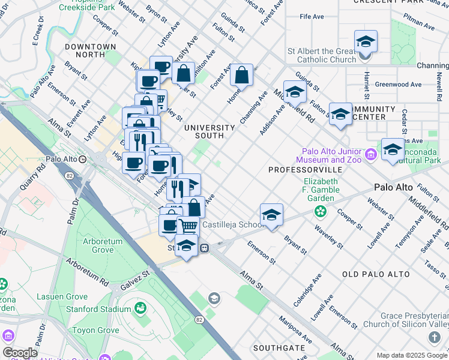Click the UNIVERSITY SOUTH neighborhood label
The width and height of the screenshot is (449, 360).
click(x=209, y=131)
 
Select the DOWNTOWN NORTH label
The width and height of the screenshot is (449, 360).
click(x=90, y=50)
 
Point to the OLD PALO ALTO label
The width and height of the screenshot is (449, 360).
click(x=375, y=274)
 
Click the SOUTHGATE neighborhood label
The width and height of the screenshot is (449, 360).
click(x=279, y=348)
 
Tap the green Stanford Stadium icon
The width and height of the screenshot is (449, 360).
click(x=140, y=308)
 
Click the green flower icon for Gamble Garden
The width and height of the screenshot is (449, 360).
click(x=321, y=211)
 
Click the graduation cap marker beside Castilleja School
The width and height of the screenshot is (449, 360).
click(x=271, y=215)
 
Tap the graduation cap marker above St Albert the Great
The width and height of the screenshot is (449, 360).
click(x=365, y=42)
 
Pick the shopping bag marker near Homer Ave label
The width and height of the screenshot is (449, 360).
click(x=241, y=76)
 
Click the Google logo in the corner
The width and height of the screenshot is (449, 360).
click(x=20, y=353)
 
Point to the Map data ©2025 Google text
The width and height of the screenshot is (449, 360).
click(x=412, y=355)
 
